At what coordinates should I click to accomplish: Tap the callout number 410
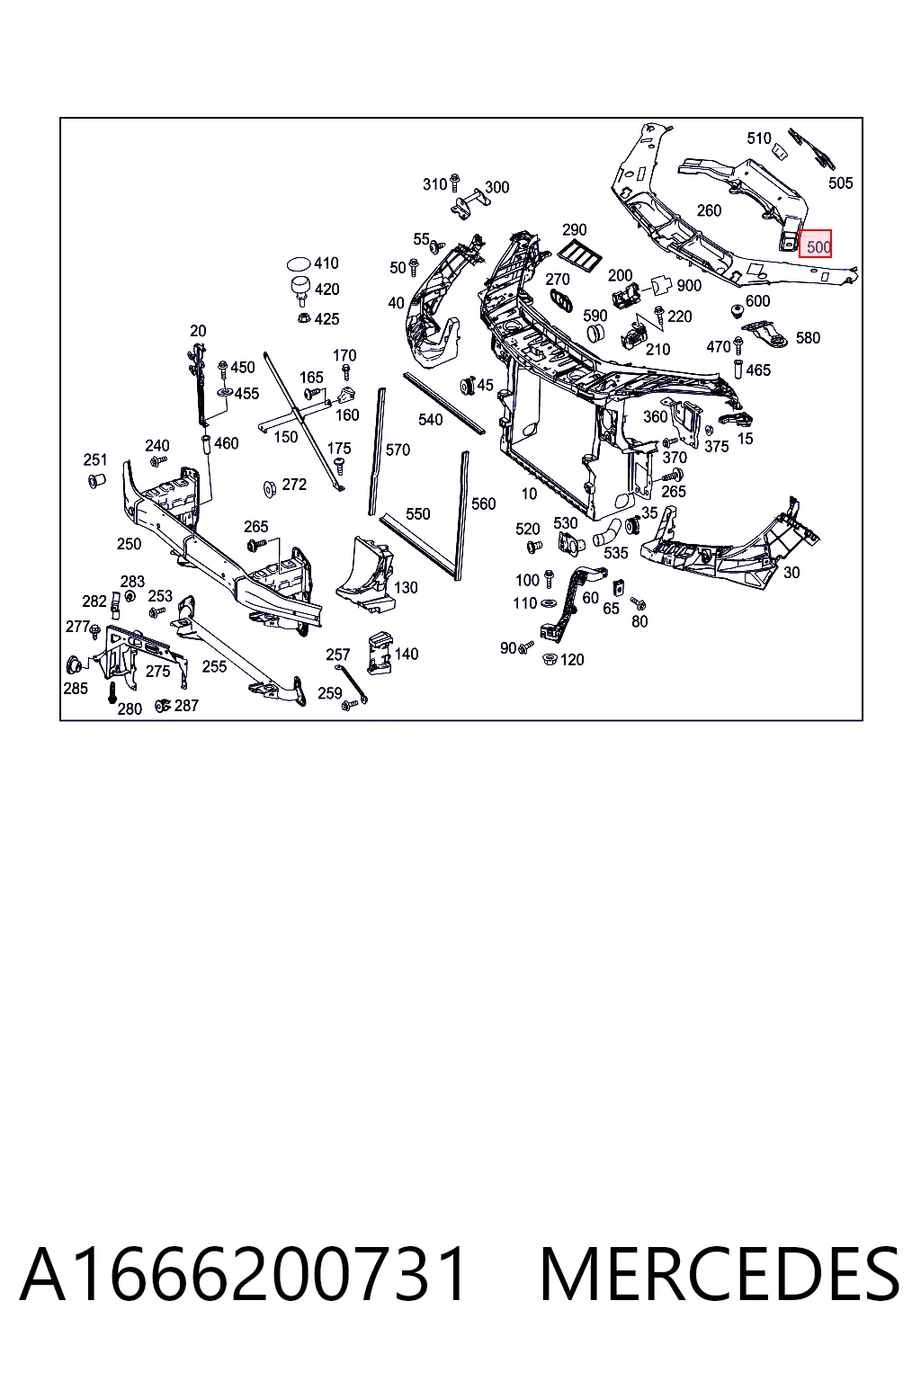(326, 263)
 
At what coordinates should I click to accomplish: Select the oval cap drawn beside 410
(299, 264)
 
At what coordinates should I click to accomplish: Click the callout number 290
(575, 230)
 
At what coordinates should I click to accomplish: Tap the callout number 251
(95, 459)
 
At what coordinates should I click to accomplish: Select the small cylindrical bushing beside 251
(97, 479)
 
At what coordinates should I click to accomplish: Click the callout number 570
(398, 450)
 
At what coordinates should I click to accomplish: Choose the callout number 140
(406, 654)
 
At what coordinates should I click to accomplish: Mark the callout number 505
(840, 183)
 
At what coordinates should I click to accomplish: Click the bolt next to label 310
(454, 183)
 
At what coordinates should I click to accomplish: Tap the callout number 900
(689, 285)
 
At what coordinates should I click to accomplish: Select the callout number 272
(294, 485)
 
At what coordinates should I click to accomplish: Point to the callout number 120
(572, 660)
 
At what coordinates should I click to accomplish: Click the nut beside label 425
(303, 318)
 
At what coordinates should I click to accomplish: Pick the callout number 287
(186, 705)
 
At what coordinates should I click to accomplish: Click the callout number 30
(791, 573)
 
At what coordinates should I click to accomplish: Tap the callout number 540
(430, 420)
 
